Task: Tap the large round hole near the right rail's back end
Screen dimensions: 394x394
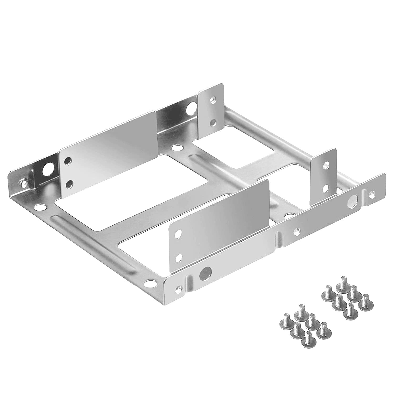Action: (352, 200)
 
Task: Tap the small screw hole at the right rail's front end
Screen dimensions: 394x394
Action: (180, 288)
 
